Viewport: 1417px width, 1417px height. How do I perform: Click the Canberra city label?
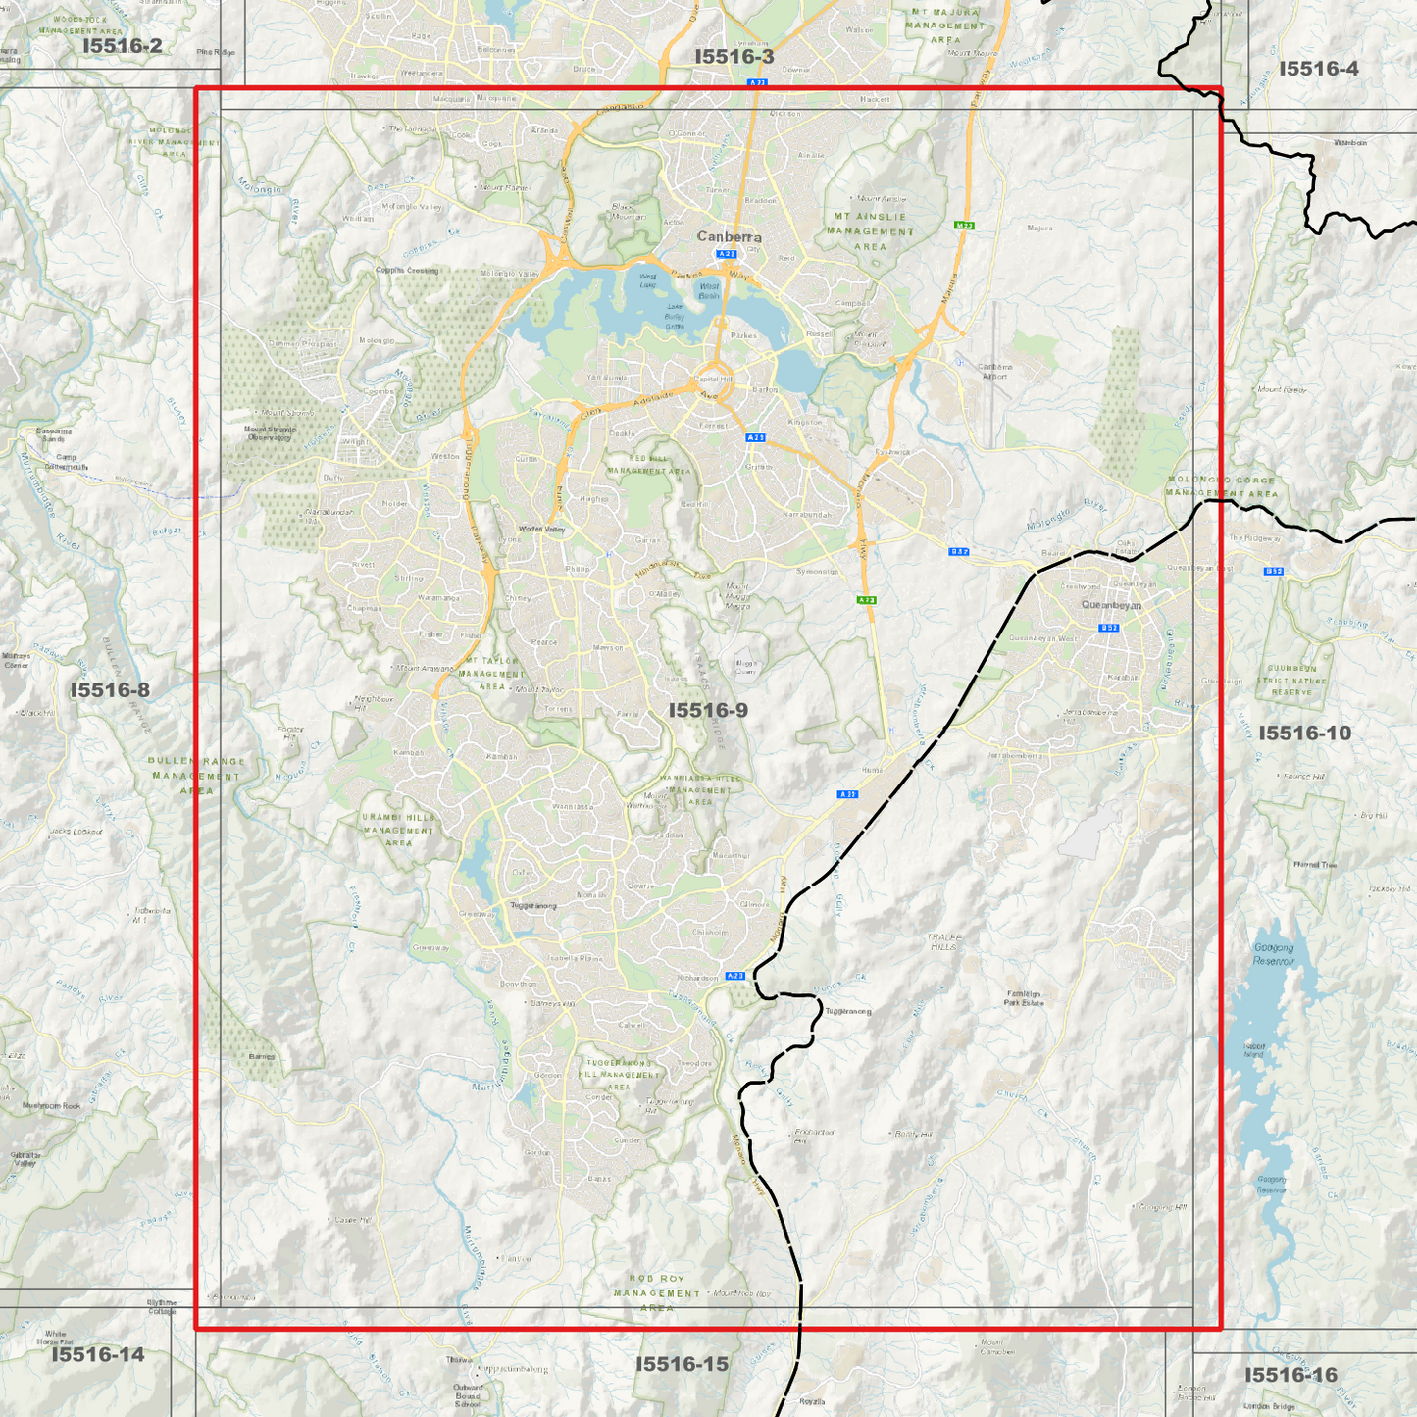click(729, 236)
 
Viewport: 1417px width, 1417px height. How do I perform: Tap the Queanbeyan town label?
click(1111, 605)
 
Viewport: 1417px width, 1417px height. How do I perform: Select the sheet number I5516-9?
click(708, 710)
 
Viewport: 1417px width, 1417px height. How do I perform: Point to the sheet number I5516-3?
click(734, 57)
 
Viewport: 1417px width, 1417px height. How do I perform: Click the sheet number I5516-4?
click(1319, 69)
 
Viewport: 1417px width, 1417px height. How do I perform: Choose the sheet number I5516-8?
click(110, 690)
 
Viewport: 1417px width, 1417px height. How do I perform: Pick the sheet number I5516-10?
click(1304, 734)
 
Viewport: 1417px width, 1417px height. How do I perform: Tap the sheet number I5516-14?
click(98, 1354)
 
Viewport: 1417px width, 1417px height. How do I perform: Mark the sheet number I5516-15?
click(682, 1364)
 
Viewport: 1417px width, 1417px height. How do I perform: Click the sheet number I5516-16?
click(1290, 1375)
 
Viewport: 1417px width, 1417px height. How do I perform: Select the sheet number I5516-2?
click(122, 45)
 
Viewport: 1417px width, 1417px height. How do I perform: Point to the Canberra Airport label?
click(995, 371)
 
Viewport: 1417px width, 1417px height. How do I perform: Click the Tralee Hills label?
click(943, 941)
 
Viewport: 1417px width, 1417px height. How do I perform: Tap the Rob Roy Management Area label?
click(657, 1292)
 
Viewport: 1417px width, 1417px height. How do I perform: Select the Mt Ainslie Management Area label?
click(870, 231)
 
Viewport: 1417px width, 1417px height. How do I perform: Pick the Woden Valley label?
click(541, 530)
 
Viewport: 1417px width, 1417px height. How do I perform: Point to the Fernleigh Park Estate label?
click(1024, 998)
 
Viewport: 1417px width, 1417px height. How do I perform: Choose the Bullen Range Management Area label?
click(196, 776)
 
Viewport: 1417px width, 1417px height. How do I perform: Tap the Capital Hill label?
click(713, 379)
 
